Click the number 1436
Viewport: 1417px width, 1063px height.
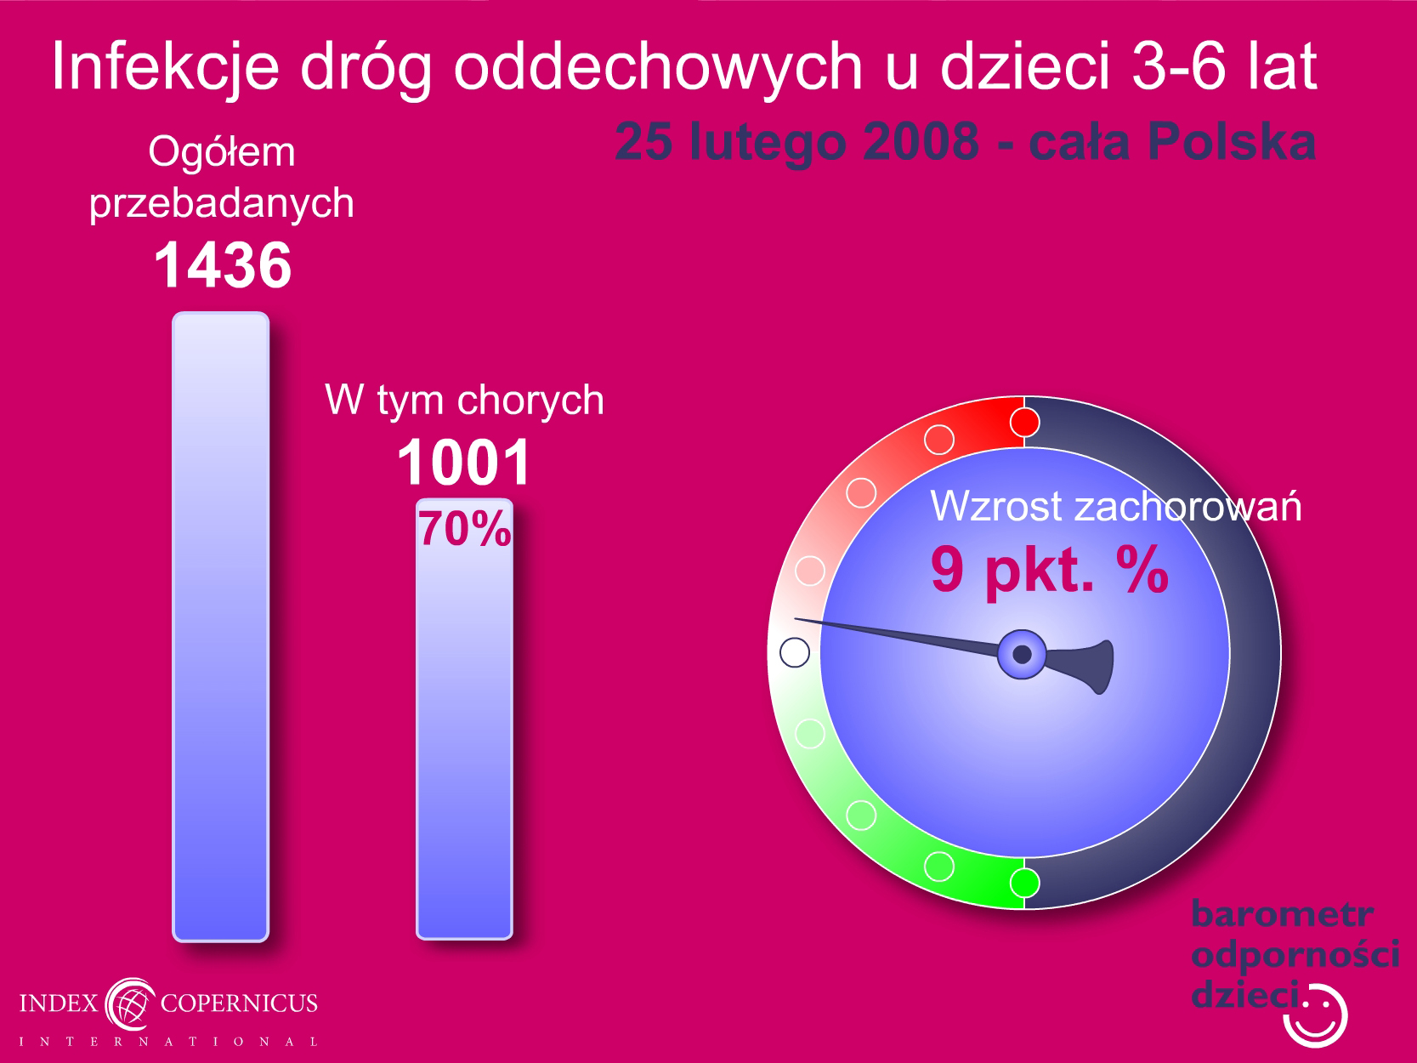(223, 264)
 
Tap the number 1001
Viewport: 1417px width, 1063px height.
(464, 463)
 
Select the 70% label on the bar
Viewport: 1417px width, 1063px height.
(465, 529)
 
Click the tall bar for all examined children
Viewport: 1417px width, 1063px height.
(221, 627)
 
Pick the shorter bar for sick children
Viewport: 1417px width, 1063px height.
(465, 719)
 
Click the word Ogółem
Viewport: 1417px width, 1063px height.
(222, 152)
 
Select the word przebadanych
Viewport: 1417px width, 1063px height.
(221, 204)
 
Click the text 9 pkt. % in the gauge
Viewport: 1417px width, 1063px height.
(1049, 570)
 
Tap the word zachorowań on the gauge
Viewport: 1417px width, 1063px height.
(1187, 506)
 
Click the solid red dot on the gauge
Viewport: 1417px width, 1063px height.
(1024, 423)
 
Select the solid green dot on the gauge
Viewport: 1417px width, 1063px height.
(1024, 883)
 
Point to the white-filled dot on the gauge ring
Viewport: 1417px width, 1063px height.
(795, 652)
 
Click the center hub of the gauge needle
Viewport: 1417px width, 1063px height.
(1022, 654)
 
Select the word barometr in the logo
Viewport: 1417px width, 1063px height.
(1282, 914)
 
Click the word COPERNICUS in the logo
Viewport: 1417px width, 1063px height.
(239, 1003)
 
